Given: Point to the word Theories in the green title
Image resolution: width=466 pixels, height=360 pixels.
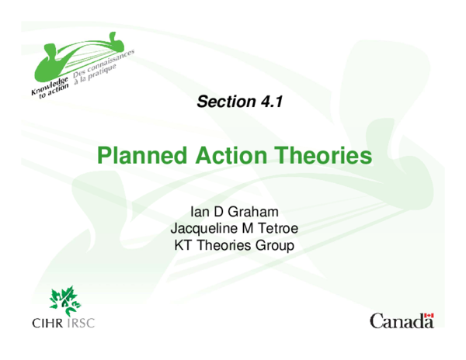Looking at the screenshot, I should [320, 157].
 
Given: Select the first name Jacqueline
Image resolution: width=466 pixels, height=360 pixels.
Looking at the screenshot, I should [202, 229].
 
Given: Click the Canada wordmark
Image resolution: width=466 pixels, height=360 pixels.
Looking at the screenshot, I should [401, 321].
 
